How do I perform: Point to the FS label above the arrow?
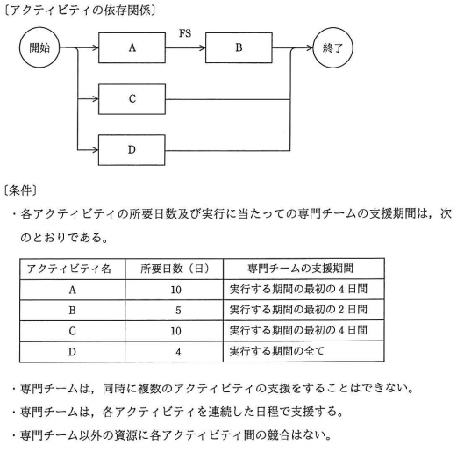185,33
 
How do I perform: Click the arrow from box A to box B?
185,47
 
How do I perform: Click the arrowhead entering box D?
95,150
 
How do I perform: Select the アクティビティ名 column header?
69,269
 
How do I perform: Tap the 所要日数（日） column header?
175,269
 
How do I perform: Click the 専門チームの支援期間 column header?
300,269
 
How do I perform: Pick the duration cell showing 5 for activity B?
178,310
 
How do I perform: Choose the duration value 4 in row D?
178,352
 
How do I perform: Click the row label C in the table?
72,331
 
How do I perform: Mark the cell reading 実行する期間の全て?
303,351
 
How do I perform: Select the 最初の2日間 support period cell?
303,310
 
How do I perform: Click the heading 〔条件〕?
20,190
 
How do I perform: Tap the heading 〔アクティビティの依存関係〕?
80,11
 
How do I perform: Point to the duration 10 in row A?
175,290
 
